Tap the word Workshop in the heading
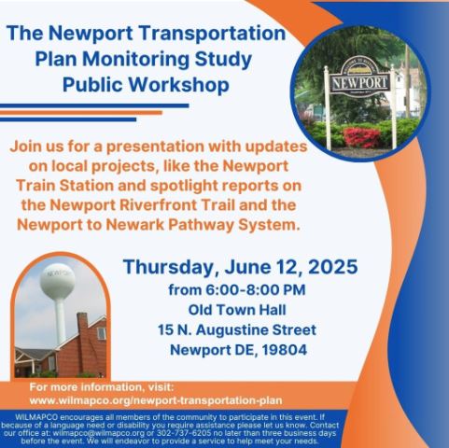pos(178,85)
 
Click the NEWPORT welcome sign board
pos(359,82)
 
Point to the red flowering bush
pos(362,137)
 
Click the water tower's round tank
pos(57,281)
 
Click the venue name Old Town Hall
pos(237,310)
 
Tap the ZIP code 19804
pos(285,350)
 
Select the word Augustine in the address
pos(232,330)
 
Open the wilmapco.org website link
pos(156,400)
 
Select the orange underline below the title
pos(81,113)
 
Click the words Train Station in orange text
pos(64,186)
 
